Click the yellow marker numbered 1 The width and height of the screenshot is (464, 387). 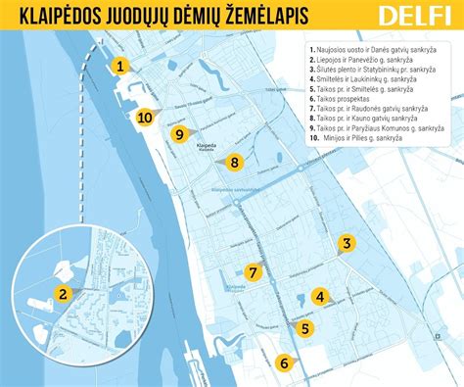[119, 67]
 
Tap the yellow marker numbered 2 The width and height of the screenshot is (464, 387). [62, 292]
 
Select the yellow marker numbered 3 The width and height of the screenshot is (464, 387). [346, 244]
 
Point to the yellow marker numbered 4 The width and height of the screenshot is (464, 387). [319, 296]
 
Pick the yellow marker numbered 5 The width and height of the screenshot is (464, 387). [305, 328]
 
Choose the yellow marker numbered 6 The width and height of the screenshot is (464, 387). [284, 363]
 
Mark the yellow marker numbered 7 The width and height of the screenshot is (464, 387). [253, 272]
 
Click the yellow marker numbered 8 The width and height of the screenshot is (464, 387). [234, 163]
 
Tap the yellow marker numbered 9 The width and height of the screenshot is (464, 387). [178, 133]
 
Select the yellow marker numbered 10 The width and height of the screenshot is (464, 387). [145, 117]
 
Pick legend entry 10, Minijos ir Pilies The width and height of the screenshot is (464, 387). [361, 138]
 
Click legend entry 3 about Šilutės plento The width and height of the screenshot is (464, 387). [379, 69]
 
